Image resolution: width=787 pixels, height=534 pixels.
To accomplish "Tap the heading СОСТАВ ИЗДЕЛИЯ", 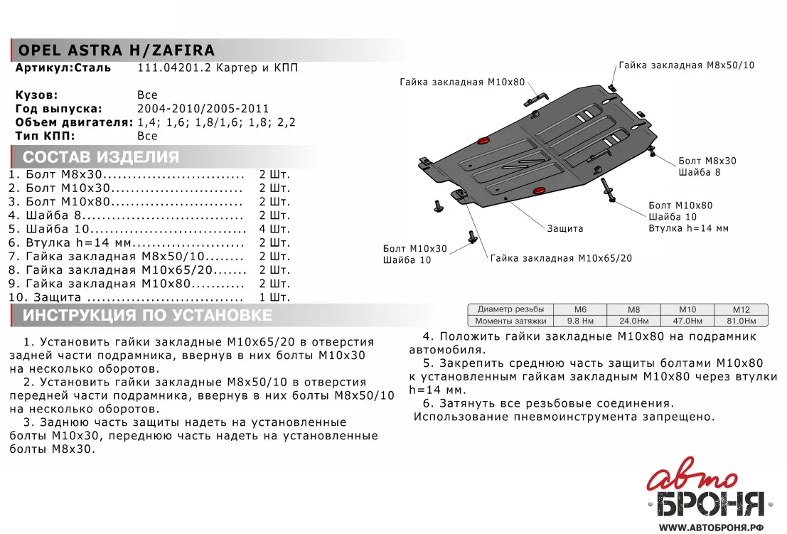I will [101, 157].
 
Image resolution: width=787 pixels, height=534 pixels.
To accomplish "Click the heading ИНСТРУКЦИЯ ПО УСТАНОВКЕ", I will [147, 315].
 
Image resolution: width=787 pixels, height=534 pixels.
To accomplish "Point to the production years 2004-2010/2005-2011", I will [203, 109].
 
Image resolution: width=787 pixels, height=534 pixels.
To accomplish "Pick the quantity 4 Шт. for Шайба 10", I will [274, 229].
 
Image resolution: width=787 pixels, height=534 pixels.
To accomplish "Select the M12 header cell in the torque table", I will [742, 309].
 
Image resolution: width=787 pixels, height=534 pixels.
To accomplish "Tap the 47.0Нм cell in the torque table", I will [687, 321].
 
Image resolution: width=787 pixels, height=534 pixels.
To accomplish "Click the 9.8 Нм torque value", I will [580, 321].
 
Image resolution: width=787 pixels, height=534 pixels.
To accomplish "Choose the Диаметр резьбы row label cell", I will [510, 309].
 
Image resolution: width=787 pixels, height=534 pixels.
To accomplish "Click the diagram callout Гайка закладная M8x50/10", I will [686, 65].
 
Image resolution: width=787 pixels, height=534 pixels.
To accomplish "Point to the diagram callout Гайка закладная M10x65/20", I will [560, 258].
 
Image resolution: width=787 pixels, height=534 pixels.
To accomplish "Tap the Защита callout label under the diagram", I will [565, 229].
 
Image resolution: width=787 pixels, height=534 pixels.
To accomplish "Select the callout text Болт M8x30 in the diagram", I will [707, 161].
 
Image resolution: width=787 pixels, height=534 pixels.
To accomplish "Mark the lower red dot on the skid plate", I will [539, 191].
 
